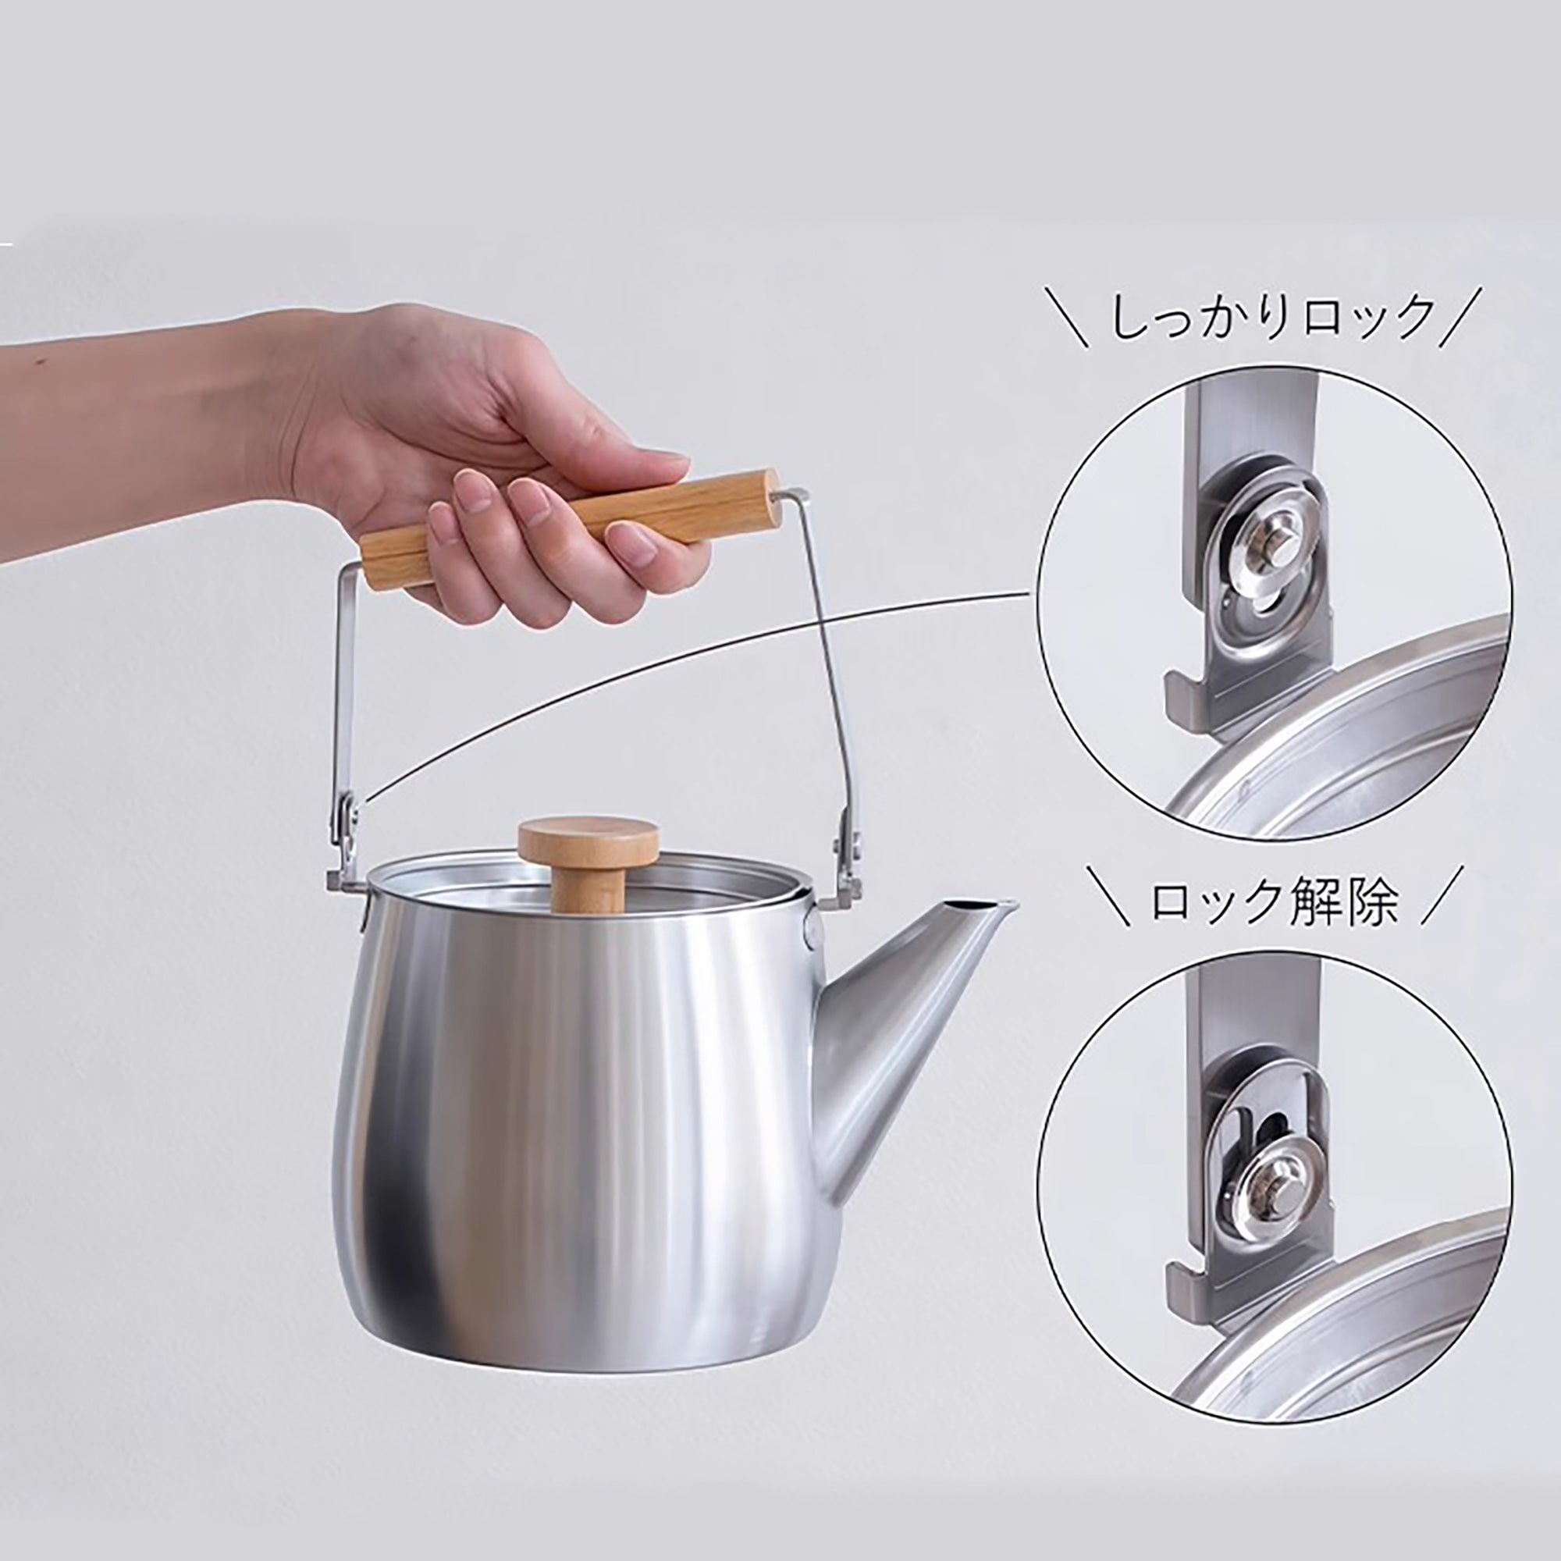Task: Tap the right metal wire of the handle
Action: tap(820, 646)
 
